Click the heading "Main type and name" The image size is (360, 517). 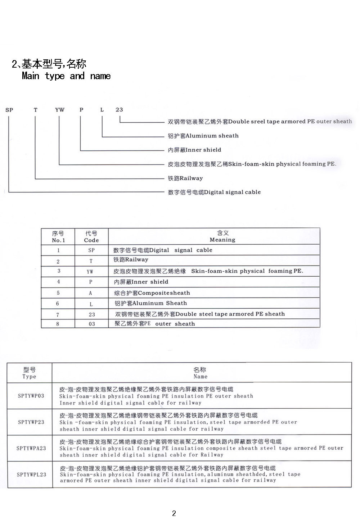tap(66, 76)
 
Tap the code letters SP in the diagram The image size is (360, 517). tap(9, 110)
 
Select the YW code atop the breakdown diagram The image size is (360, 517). tap(60, 110)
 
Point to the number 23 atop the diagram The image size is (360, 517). tap(119, 110)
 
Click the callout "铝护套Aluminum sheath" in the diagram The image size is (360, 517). tap(203, 136)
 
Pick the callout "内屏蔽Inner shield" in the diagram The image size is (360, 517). tap(194, 150)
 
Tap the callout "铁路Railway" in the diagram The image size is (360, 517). tap(185, 178)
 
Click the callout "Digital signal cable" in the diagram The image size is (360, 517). tap(214, 192)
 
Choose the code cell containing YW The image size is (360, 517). tap(90, 272)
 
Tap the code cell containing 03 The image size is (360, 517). tap(92, 324)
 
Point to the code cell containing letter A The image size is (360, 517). tap(90, 293)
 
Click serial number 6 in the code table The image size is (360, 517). tap(58, 303)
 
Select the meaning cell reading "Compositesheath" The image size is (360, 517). tap(152, 293)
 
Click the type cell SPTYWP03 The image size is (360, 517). tap(31, 396)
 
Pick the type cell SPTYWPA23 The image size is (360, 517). tap(31, 448)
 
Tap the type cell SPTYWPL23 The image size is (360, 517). tap(31, 475)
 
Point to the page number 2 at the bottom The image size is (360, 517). tap(174, 513)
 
